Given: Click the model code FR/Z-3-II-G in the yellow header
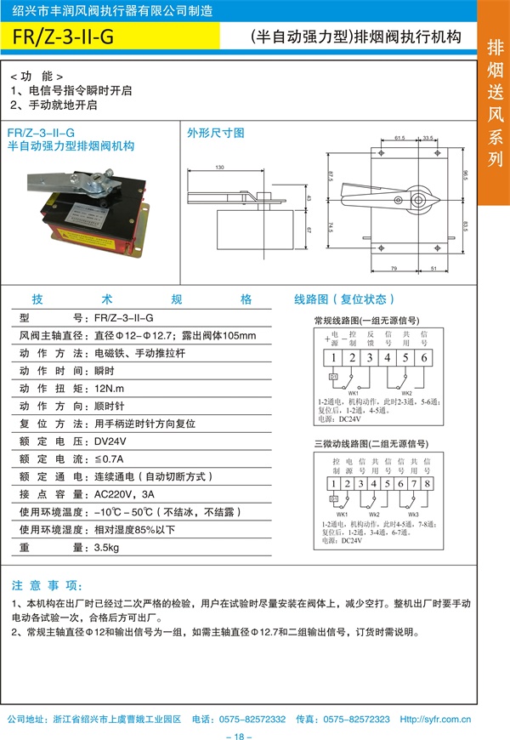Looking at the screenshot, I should click(x=65, y=37).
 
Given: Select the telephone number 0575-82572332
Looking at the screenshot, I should click(x=252, y=718).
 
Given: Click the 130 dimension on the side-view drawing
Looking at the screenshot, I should click(x=220, y=168).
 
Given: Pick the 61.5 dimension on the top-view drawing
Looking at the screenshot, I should click(x=399, y=138).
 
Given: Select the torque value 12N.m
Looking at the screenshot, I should click(x=108, y=387).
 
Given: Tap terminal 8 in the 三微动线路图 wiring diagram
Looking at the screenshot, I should click(x=428, y=484).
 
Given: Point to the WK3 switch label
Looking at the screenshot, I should click(x=413, y=515).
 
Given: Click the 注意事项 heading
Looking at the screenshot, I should click(x=48, y=586).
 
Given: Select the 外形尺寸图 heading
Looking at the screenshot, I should click(x=216, y=134).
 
